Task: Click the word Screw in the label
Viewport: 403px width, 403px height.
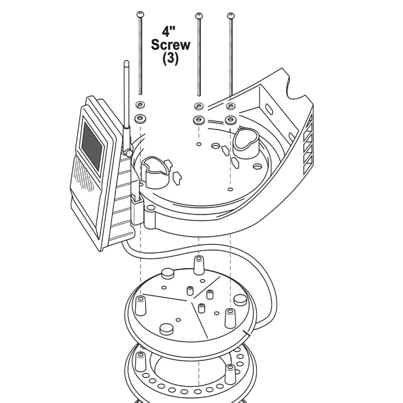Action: click(170, 45)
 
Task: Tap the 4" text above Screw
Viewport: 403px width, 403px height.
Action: click(168, 31)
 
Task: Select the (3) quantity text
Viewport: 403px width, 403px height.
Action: click(170, 58)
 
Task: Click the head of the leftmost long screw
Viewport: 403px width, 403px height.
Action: click(141, 15)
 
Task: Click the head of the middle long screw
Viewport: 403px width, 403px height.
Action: click(198, 16)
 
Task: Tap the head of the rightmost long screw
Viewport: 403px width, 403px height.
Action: click(231, 16)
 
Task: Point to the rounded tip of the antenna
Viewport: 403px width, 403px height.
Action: click(126, 62)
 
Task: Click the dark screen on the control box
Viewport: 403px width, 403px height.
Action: click(92, 146)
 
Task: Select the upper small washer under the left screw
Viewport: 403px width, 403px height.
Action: click(140, 104)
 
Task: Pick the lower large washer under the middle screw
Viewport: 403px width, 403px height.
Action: click(198, 119)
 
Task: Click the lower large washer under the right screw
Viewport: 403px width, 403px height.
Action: click(231, 119)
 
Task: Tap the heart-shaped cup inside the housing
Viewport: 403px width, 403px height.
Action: click(246, 143)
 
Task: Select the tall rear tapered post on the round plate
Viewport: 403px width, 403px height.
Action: click(198, 265)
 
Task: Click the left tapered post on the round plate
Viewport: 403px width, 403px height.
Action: click(141, 306)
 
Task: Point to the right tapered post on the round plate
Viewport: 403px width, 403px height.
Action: click(230, 318)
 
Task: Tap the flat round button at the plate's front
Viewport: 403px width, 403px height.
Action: click(166, 329)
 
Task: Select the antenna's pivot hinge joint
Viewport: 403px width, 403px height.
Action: click(128, 152)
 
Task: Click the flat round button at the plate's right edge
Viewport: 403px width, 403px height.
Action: click(241, 300)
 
